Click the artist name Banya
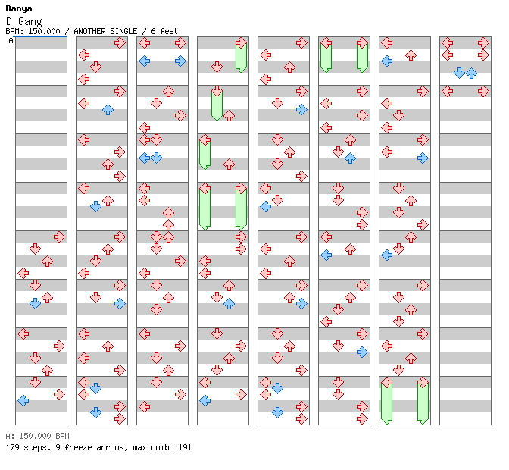coord(18,9)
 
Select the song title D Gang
coord(24,22)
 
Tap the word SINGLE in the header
coord(123,31)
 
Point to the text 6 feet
coord(164,31)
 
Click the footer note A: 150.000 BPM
coord(37,436)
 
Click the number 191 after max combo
coord(185,447)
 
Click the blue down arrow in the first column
coord(35,304)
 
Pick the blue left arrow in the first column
coord(23,401)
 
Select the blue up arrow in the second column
coord(108,109)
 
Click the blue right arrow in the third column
coord(180,61)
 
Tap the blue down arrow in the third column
coord(157,158)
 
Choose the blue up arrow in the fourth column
coord(230,304)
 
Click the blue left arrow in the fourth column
coord(205,401)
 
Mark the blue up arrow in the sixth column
coord(350,158)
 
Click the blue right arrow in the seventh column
coord(423,158)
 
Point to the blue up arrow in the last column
coord(471,73)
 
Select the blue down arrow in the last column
coord(459,73)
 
